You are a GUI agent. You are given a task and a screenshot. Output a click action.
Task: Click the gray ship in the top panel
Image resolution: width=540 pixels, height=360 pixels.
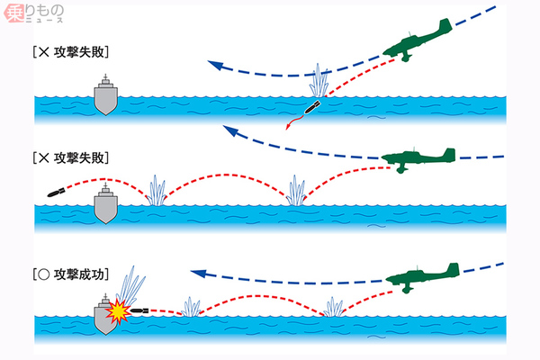point(106,95)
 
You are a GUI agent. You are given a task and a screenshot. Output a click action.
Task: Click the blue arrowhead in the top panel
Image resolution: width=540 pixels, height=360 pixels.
point(211,63)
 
